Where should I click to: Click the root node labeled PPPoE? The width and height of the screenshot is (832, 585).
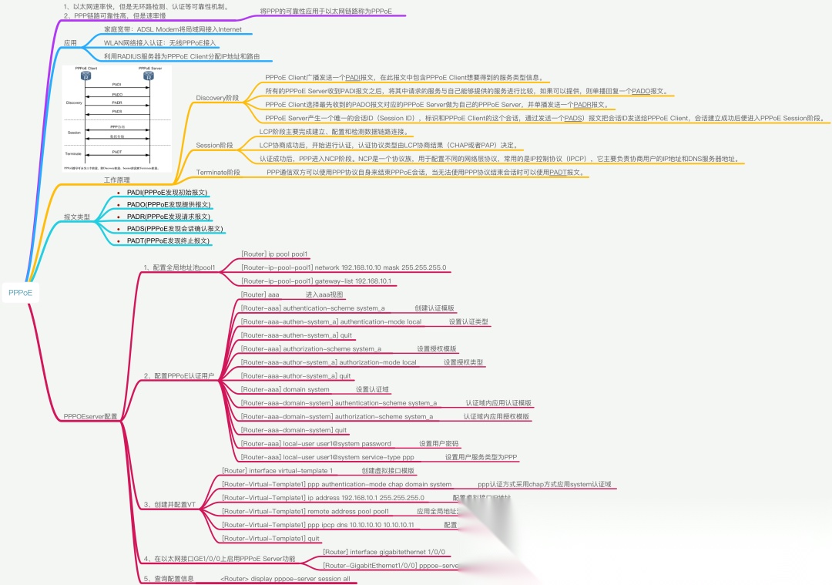click(x=20, y=292)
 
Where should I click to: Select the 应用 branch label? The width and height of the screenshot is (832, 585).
click(x=70, y=43)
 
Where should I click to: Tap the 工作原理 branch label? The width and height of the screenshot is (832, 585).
click(x=116, y=180)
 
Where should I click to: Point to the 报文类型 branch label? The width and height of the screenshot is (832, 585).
click(x=76, y=217)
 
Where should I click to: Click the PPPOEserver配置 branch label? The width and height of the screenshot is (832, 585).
click(x=91, y=416)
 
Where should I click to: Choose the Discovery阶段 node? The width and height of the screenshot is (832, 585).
click(x=217, y=98)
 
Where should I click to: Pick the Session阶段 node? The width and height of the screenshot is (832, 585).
click(x=214, y=145)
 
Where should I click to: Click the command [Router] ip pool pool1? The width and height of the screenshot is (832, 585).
click(x=274, y=254)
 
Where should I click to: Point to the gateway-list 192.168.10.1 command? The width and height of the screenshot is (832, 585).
click(x=316, y=281)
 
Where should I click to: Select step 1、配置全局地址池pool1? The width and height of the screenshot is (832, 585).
click(x=179, y=267)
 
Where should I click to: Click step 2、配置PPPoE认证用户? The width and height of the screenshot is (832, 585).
click(x=179, y=376)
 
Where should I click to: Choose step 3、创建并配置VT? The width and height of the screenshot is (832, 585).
click(x=170, y=504)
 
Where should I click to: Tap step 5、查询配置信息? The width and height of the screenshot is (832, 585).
click(x=168, y=578)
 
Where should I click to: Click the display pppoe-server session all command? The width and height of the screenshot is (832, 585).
click(x=285, y=578)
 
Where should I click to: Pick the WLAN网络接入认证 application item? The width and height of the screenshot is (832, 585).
click(x=159, y=42)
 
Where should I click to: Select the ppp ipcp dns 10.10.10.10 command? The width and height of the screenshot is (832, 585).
click(x=318, y=525)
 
